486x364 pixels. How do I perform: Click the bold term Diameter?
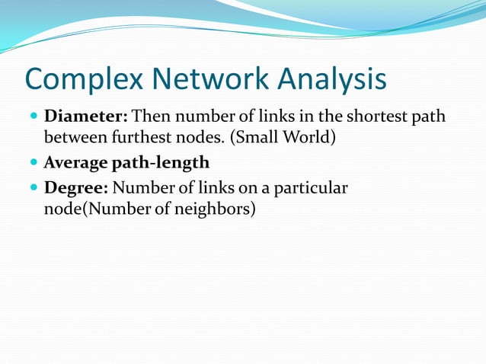(87, 119)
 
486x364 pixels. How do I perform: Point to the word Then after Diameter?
(151, 119)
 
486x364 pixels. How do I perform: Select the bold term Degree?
(76, 187)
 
